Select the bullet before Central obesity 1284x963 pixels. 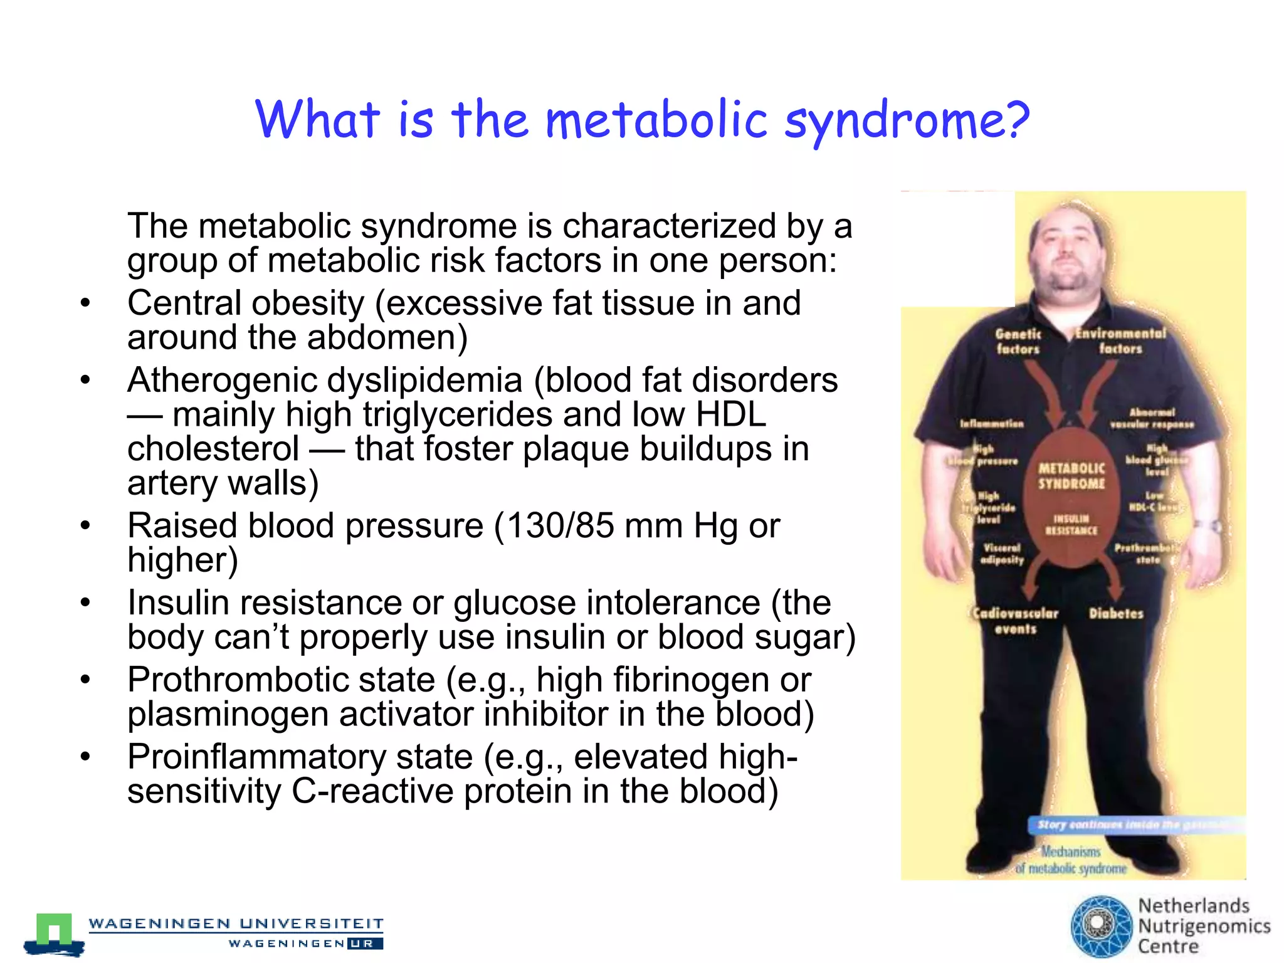[x=86, y=303]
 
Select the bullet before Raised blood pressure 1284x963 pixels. [x=86, y=525]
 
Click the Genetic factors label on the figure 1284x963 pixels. [x=1018, y=342]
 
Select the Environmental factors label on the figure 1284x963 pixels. [x=1120, y=341]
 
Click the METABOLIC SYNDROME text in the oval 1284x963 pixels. [x=1071, y=476]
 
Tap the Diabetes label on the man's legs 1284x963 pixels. [x=1116, y=614]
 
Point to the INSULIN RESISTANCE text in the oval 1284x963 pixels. [x=1071, y=525]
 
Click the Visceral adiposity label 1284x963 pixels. [x=1002, y=554]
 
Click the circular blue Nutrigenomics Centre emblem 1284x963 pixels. [x=1101, y=926]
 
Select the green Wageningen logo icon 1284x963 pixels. [x=54, y=932]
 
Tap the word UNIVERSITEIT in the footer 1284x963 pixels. [x=312, y=924]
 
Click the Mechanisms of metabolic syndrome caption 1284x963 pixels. [x=1071, y=860]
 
